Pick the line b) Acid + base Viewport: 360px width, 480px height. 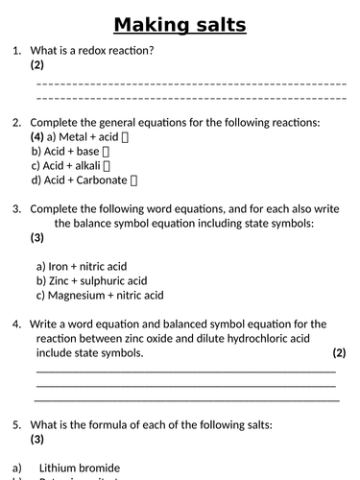click(72, 151)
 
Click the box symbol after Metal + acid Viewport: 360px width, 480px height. click(127, 137)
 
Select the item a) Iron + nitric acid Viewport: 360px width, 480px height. click(82, 266)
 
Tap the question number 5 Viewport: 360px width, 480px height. click(16, 424)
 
